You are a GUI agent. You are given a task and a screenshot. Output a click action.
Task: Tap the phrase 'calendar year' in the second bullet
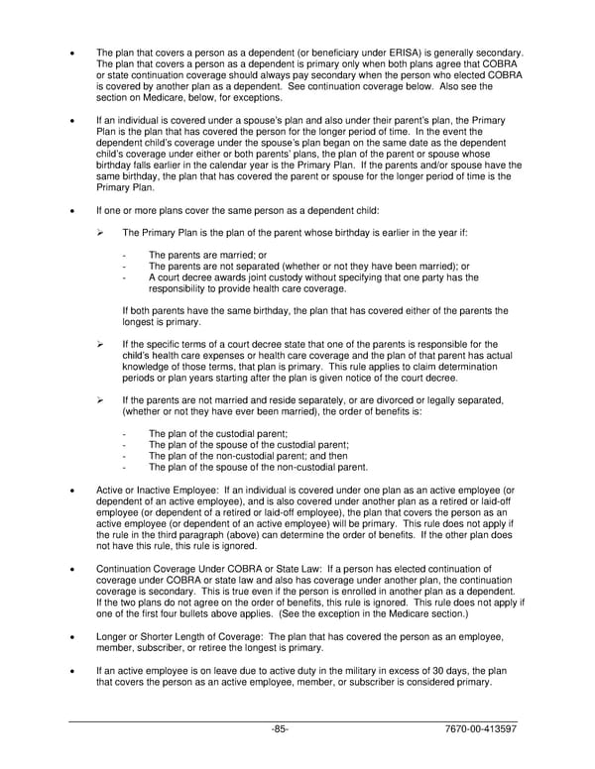click(254, 165)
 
